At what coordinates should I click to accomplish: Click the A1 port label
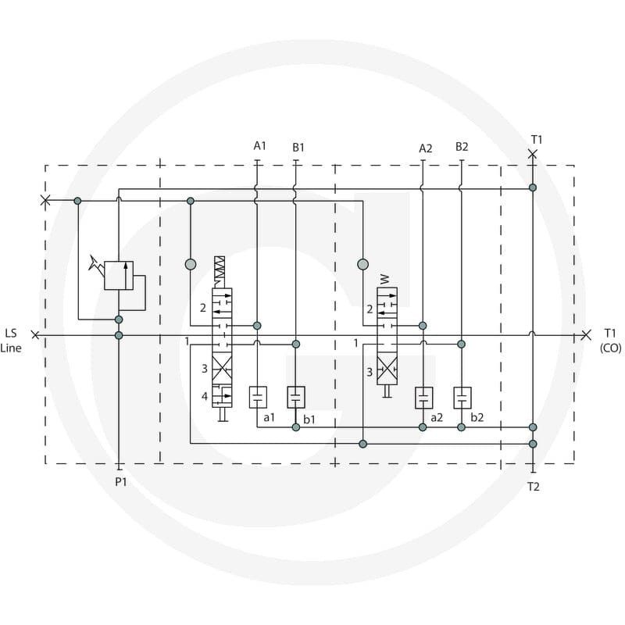[x=260, y=146]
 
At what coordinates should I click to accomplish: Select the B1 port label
[x=298, y=148]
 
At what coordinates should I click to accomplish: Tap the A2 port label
[x=425, y=148]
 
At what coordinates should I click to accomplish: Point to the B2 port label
[x=462, y=147]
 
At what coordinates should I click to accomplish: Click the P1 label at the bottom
[x=121, y=482]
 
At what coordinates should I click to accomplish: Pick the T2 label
[x=534, y=487]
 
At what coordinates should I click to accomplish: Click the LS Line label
[x=11, y=341]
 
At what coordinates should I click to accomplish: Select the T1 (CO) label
[x=610, y=341]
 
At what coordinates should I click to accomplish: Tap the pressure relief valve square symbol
[x=119, y=276]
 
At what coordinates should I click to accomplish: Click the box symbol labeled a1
[x=258, y=397]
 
